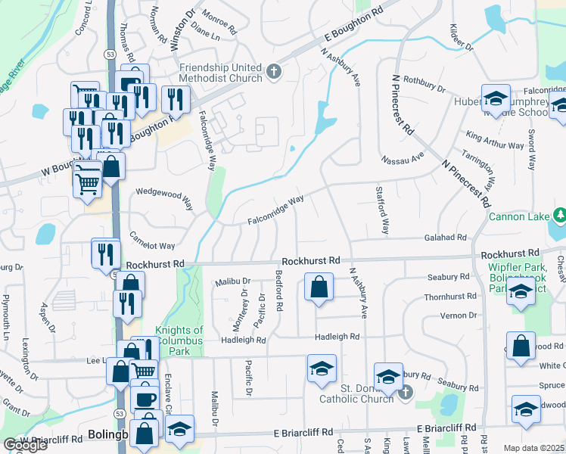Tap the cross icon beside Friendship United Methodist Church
273,73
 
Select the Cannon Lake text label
519,217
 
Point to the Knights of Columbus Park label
179,336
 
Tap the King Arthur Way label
495,140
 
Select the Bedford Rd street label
279,291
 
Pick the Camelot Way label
152,241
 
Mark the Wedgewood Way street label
164,198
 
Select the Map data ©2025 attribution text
534,448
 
